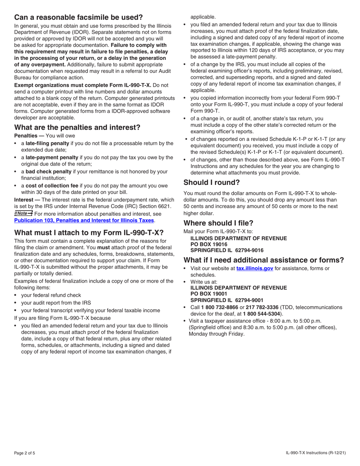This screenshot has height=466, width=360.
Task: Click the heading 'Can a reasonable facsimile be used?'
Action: click(78, 17)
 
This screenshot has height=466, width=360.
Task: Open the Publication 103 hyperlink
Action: click(84, 220)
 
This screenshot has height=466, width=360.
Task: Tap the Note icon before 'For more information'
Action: click(23, 213)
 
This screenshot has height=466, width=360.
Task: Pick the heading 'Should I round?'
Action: click(211, 183)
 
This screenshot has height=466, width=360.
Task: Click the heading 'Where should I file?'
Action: click(218, 223)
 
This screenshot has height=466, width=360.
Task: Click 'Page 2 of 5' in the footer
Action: click(25, 453)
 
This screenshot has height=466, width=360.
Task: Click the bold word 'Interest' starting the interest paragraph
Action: click(24, 200)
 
